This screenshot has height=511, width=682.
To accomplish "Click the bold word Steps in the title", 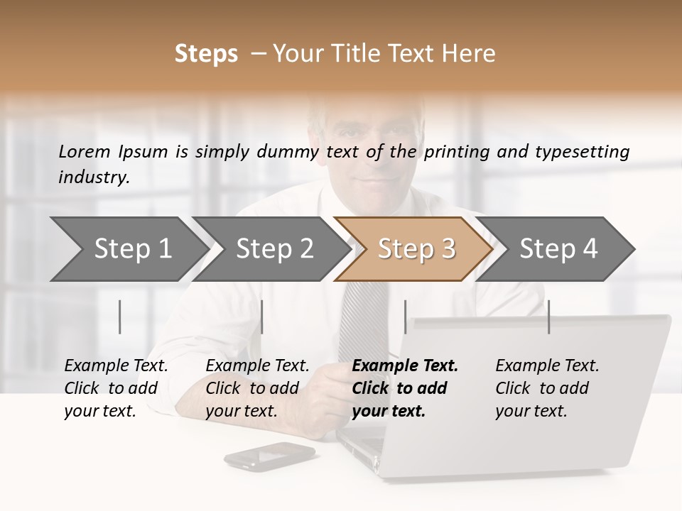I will (206, 54).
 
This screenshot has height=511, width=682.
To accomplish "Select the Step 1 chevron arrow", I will (128, 248).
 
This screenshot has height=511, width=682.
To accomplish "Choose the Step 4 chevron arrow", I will (557, 248).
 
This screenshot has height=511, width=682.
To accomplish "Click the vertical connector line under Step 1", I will (120, 317).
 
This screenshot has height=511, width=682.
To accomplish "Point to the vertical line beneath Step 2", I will (262, 317).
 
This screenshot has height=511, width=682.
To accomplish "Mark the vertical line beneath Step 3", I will (405, 317).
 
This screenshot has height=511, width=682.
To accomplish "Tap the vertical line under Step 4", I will (548, 317).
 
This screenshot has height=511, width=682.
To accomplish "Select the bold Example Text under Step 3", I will (405, 388).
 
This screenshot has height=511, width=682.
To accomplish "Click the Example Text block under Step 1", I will (116, 388).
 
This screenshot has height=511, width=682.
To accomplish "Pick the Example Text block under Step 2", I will (257, 388).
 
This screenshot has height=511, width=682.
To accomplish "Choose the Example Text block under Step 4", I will (547, 388).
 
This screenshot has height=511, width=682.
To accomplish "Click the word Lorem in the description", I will (84, 151).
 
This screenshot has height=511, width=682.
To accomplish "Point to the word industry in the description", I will (93, 177).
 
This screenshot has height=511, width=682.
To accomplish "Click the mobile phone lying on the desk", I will (269, 456).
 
